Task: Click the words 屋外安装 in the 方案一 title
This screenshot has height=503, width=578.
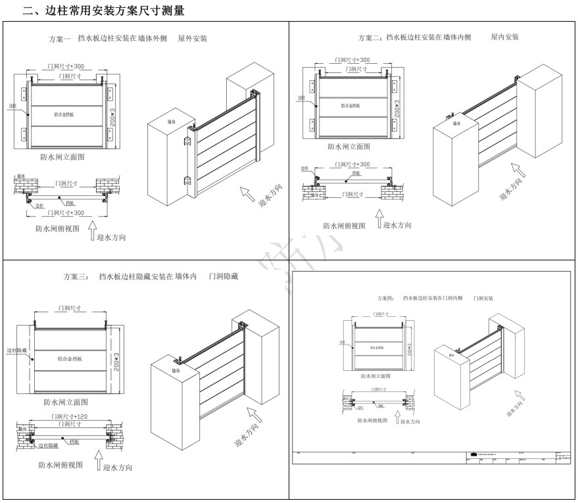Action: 192,39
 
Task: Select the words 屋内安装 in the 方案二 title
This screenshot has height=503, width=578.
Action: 504,37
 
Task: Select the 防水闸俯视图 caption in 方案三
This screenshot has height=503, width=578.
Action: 60,464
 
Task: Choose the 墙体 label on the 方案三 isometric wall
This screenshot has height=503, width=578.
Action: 176,371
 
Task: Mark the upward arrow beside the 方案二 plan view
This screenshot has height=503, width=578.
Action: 379,219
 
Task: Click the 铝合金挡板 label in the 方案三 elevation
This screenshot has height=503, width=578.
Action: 69,359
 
